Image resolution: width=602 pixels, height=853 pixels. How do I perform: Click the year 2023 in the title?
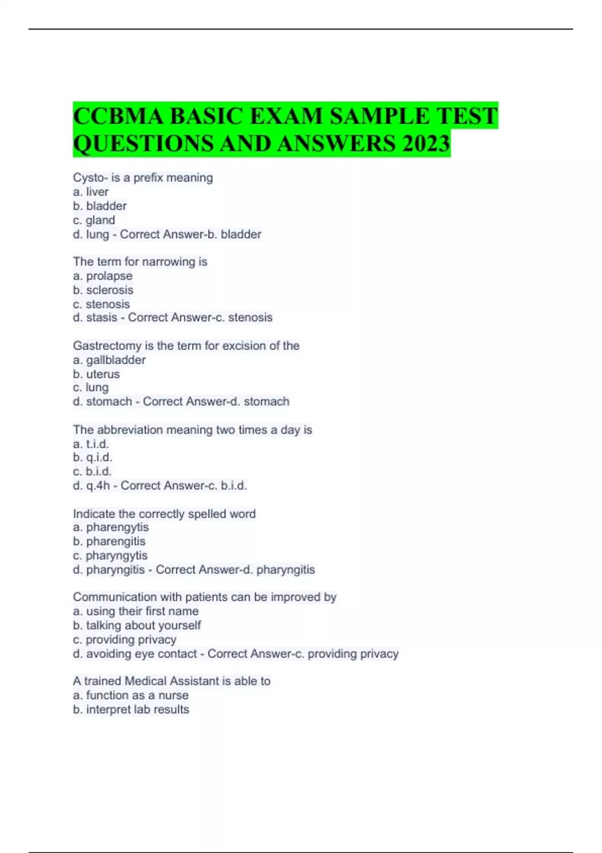(425, 144)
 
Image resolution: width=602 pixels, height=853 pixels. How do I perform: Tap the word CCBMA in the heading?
(118, 116)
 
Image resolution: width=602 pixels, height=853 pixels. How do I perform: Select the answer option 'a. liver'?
(91, 192)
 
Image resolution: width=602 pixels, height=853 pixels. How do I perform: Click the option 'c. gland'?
(94, 220)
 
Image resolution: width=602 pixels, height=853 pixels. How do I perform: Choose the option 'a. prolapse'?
(103, 276)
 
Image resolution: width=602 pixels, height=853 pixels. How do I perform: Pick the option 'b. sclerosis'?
(103, 290)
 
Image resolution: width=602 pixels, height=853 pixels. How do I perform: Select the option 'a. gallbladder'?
(109, 360)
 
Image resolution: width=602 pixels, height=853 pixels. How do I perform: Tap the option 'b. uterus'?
(96, 374)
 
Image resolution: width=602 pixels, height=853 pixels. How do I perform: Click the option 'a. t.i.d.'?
(91, 444)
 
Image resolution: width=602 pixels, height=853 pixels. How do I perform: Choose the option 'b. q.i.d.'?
(92, 457)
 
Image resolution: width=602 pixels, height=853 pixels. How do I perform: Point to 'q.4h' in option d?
(98, 485)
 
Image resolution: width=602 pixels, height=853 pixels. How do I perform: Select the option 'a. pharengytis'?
(111, 527)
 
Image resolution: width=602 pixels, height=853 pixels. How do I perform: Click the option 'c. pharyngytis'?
(110, 555)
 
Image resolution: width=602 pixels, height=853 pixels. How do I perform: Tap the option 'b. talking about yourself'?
(137, 625)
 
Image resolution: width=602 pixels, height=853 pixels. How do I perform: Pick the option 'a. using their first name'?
(135, 611)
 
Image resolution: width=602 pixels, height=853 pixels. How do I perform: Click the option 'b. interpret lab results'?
(131, 709)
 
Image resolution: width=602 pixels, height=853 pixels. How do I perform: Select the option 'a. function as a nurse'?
(131, 695)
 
